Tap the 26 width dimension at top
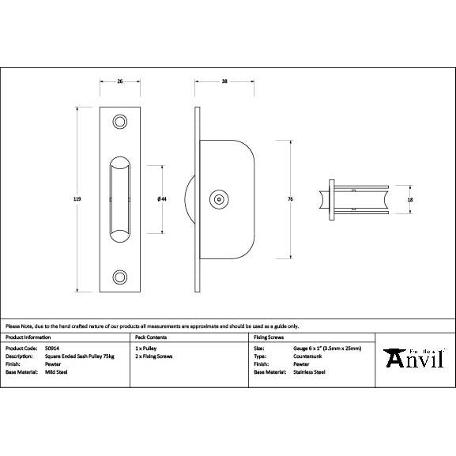pos(120,81)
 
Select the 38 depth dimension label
pos(224,81)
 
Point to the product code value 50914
pos(53,348)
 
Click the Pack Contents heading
pos(149,337)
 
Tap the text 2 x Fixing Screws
pos(154,356)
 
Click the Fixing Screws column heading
pos(268,337)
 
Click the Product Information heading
pos(28,337)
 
